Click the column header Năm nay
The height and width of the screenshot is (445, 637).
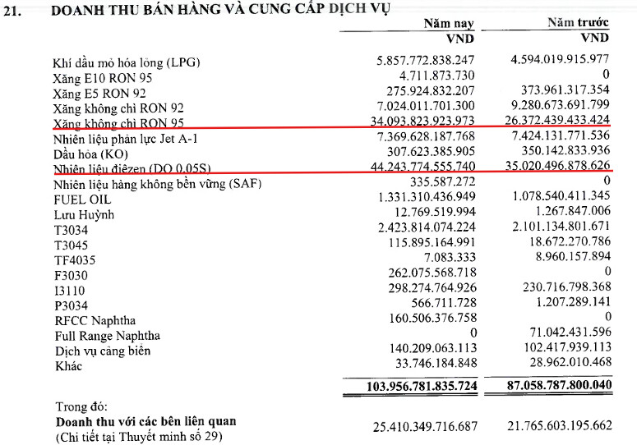coord(450,24)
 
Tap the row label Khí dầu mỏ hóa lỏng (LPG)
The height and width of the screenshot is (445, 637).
coord(127,62)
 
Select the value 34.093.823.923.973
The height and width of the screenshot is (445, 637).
coord(424,122)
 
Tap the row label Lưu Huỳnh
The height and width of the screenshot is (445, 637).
coord(84,214)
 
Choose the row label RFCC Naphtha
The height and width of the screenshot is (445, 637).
coord(96,319)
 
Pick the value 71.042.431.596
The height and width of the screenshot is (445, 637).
coord(565,334)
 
